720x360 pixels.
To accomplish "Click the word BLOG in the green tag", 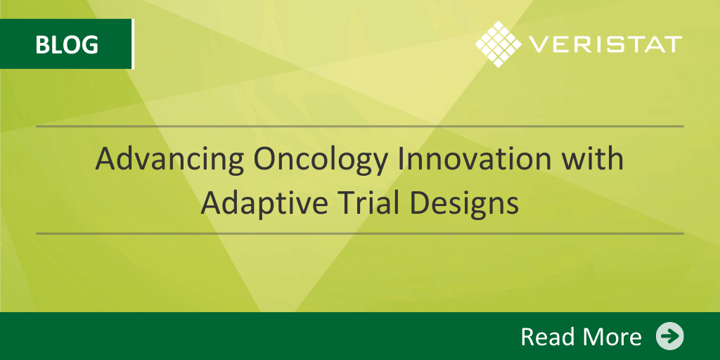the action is [x=67, y=44].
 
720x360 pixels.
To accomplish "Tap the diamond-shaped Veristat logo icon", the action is [x=499, y=44].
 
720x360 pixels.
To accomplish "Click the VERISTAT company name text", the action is [x=605, y=44].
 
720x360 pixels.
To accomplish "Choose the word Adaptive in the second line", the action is [x=268, y=203].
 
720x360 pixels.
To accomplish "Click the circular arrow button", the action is [x=669, y=336].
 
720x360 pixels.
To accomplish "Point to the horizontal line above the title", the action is [x=359, y=126].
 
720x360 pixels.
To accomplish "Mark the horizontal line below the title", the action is [x=359, y=233].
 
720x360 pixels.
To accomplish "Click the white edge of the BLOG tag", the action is [x=133, y=44].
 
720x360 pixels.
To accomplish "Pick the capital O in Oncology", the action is [x=265, y=159].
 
